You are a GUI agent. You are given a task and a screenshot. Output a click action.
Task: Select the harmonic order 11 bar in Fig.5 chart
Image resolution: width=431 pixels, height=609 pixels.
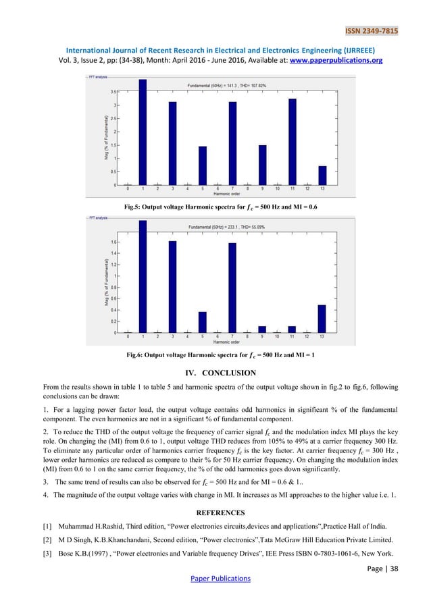point(292,142)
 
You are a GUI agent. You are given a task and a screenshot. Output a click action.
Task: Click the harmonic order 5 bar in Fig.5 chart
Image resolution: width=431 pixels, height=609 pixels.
point(202,165)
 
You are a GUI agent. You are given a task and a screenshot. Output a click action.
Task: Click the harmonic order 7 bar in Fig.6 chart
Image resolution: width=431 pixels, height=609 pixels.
point(232,288)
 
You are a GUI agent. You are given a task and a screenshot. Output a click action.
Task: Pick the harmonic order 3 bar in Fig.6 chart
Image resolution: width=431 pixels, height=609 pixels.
point(172,286)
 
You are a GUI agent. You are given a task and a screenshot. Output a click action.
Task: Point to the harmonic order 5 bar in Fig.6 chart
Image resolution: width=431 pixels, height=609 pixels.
point(202,322)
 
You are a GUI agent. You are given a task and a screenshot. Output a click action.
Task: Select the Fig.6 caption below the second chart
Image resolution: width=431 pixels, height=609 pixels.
point(215,354)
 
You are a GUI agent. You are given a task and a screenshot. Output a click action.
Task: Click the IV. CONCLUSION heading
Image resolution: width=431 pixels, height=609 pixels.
point(215,373)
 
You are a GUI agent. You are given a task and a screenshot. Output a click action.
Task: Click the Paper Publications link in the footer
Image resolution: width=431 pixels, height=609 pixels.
point(215,578)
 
